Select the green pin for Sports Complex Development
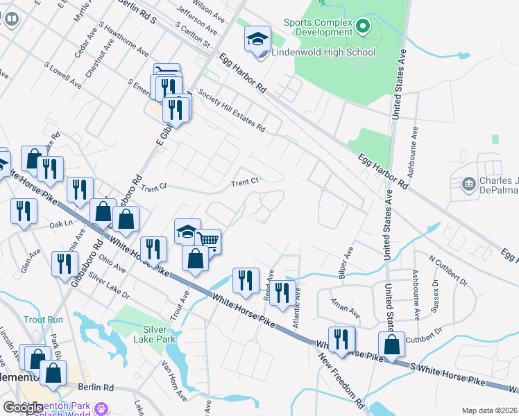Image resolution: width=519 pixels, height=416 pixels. (x=361, y=27)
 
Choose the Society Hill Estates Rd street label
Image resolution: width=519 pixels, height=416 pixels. (x=231, y=111)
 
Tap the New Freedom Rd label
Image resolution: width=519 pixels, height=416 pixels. (x=343, y=381)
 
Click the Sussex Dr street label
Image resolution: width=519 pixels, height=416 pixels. (x=436, y=294)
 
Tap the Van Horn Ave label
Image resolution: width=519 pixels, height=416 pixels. (x=174, y=381)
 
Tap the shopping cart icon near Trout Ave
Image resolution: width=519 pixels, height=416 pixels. (x=207, y=241)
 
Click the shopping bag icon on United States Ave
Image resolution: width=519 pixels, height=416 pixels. (x=391, y=344)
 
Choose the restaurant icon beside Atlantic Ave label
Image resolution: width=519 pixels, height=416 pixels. (x=282, y=291)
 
